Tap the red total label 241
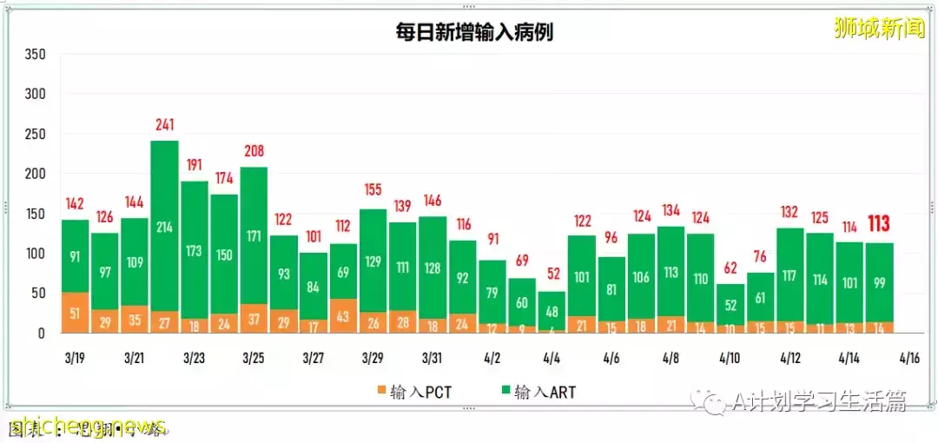click(x=164, y=125)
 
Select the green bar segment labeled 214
click(x=164, y=227)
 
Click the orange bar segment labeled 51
click(x=76, y=314)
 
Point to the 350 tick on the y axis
click(x=35, y=54)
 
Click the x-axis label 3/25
click(x=254, y=358)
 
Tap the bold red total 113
click(x=879, y=224)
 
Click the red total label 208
click(x=254, y=151)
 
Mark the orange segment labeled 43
click(x=342, y=317)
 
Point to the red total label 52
click(x=552, y=275)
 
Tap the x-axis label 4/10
click(x=730, y=358)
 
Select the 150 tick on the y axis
click(x=35, y=214)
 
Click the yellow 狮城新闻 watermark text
click(x=879, y=28)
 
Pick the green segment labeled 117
click(x=789, y=275)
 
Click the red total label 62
click(x=730, y=268)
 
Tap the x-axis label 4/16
click(x=908, y=358)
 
